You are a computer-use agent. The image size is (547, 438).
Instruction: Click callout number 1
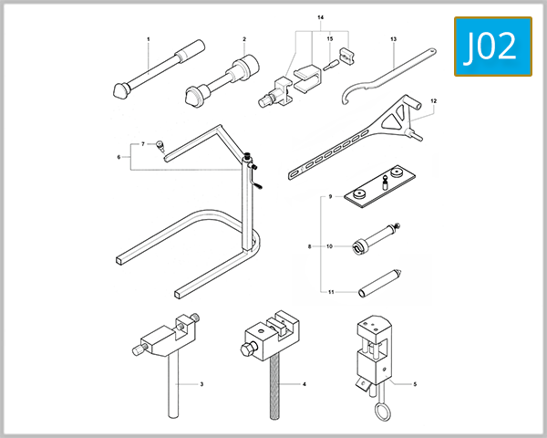149,39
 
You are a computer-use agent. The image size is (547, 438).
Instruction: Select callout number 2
244,39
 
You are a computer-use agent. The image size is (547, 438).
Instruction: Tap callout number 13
393,39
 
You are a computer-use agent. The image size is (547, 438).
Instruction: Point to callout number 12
434,99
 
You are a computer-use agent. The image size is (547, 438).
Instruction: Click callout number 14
320,18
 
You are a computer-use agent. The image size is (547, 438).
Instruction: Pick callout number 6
119,157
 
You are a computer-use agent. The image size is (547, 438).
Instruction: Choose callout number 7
143,144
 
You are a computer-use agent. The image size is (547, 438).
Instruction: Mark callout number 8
310,246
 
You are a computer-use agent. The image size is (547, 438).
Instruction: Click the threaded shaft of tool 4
274,392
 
